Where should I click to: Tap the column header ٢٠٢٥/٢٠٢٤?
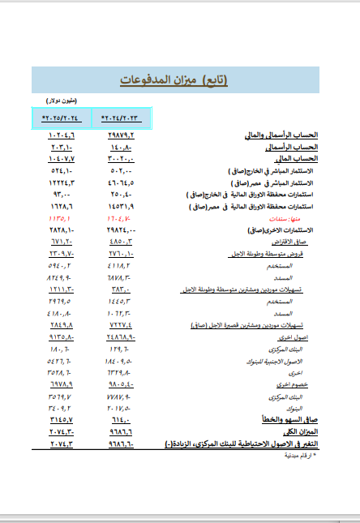point(60,118)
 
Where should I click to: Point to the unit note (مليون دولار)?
point(61,101)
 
